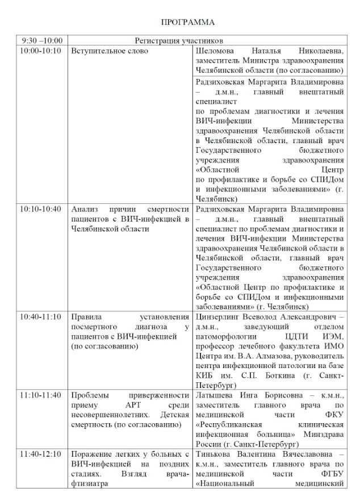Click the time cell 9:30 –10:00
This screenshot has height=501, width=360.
coord(41,41)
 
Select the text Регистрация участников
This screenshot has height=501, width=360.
coord(178,41)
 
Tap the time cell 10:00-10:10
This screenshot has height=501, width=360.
coord(40,51)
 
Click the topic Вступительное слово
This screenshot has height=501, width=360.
coord(109,51)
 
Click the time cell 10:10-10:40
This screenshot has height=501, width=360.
coord(40,208)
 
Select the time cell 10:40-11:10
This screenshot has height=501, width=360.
coord(40,316)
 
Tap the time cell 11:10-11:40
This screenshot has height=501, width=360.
coord(40,395)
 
